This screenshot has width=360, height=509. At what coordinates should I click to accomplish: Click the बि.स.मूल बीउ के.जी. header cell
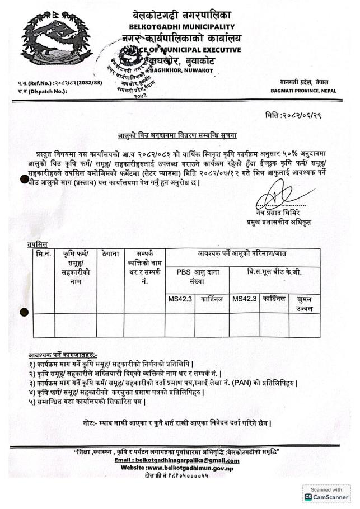[x=274, y=272]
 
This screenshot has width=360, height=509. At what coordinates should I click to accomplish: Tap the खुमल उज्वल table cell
[x=305, y=304]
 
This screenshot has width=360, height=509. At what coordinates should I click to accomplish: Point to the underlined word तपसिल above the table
[x=38, y=244]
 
